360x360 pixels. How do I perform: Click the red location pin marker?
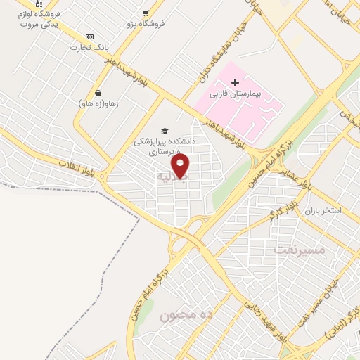tap(181, 166)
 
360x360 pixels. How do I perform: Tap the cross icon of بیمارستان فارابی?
tap(235, 83)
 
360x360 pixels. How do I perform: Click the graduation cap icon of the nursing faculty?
tap(165, 131)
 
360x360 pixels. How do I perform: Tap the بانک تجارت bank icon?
tap(89, 37)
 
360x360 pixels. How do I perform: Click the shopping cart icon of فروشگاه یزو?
tap(146, 13)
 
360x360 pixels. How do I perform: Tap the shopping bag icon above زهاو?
tap(98, 92)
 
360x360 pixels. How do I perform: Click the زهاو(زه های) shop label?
tap(98, 103)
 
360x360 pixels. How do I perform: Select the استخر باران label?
tap(324, 210)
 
